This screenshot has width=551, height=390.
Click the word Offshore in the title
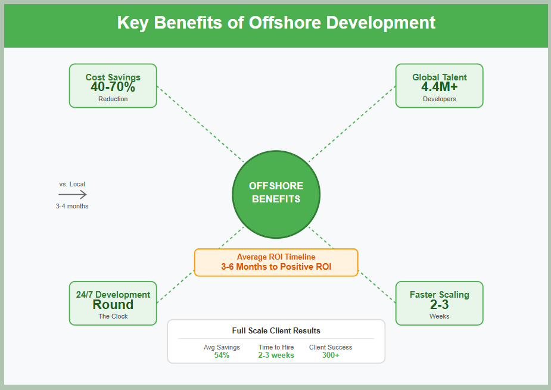pos(285,23)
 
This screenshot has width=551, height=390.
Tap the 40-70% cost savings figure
pos(113,87)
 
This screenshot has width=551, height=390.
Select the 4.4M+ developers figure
pos(439,87)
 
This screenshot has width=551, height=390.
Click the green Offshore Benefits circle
pos(276,194)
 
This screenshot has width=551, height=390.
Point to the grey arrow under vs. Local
pos(73,194)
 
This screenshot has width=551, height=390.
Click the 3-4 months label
pos(72,206)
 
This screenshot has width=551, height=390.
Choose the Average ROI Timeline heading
pos(276,257)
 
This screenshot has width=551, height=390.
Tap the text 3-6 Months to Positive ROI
pos(276,267)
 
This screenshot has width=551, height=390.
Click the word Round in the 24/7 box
pos(113,304)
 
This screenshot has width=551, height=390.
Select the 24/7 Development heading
pos(113,294)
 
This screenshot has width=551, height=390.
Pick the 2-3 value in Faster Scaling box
pos(439,304)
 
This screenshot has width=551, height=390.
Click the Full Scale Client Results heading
pos(276,330)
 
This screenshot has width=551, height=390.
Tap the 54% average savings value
pos(222,355)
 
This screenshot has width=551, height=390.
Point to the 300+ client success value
pos(331,355)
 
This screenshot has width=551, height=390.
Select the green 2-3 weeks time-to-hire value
pos(276,355)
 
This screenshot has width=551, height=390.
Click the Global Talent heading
pos(439,77)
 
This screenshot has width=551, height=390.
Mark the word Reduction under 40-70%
pos(113,99)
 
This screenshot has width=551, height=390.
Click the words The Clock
pos(113,316)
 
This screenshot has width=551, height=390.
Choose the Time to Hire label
pos(276,347)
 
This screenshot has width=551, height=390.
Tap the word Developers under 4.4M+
pos(439,99)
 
